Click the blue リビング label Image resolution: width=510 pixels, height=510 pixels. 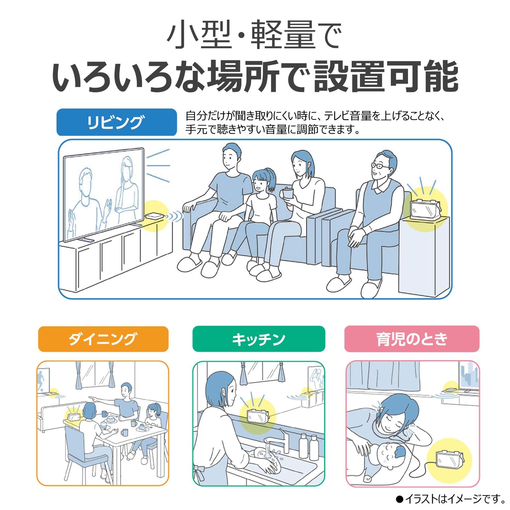pos(116,122)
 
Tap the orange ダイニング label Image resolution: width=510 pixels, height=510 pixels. pos(103,339)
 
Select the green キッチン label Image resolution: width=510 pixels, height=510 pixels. pos(259,339)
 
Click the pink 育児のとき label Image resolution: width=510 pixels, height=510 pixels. pos(412,339)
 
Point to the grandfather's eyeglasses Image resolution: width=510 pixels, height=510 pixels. pos(380,166)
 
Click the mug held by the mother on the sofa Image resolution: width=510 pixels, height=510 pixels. pos(287,193)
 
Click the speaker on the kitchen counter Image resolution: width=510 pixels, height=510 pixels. pos(258,416)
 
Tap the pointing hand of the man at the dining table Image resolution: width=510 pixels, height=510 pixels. pos(92,398)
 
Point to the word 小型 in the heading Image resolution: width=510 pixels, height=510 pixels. pos(199,35)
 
